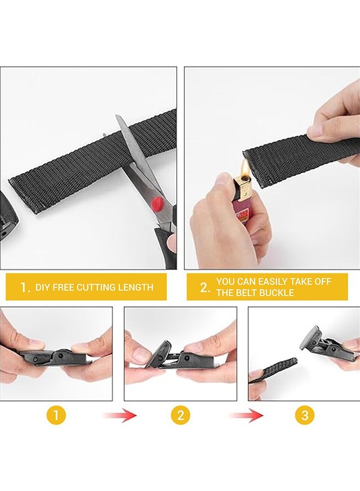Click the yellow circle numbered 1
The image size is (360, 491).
(x=56, y=416)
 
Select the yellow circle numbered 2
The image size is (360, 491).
(x=181, y=416)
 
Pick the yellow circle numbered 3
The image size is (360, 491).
(x=304, y=416)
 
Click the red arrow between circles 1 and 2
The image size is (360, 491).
(x=120, y=416)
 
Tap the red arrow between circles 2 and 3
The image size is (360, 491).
(x=246, y=416)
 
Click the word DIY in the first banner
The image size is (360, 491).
(x=42, y=288)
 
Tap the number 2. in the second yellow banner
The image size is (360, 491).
(x=204, y=288)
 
